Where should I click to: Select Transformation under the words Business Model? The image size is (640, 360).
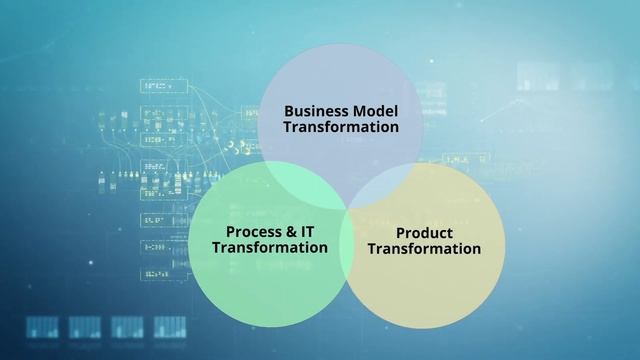coord(340,127)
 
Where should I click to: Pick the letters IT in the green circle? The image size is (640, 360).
coord(309,231)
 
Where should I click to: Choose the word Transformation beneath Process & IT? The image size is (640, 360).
coord(270,247)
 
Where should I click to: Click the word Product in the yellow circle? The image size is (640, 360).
coord(424,233)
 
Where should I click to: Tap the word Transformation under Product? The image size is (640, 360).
coord(424,249)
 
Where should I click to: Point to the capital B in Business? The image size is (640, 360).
coord(289,111)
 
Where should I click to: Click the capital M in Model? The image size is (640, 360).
coord(359,111)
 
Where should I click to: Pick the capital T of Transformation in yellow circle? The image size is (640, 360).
coord(372,249)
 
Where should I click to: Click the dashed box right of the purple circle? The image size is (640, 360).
coord(466,159)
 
